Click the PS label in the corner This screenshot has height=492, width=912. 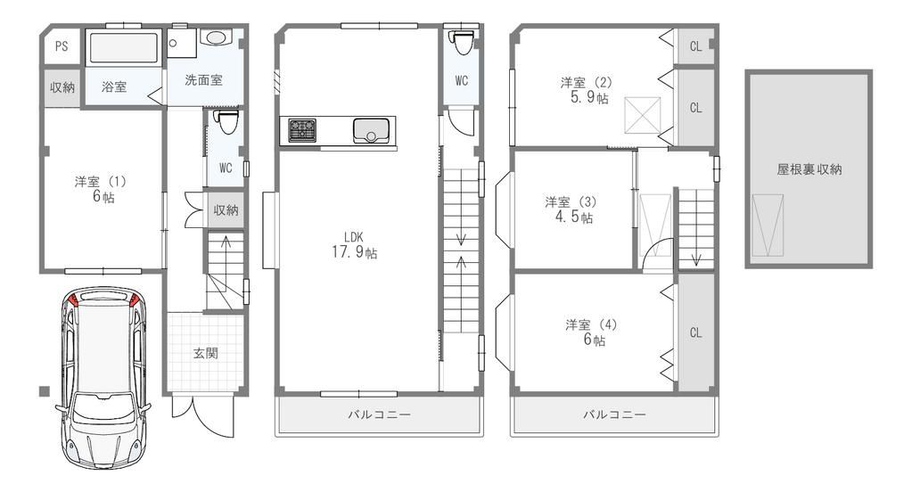click(x=61, y=47)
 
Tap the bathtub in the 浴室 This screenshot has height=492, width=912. click(x=123, y=47)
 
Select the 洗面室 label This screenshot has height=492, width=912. click(x=203, y=80)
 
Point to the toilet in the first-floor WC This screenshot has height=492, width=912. click(x=226, y=120)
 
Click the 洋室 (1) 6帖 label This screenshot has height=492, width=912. click(x=100, y=189)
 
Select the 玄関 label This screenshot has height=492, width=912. click(x=206, y=353)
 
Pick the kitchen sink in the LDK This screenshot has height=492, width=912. click(x=372, y=131)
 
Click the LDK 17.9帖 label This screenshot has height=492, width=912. click(x=355, y=245)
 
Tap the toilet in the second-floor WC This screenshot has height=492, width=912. click(x=461, y=42)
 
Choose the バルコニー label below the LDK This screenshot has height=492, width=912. click(x=381, y=414)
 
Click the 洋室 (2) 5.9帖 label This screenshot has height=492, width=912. click(x=589, y=90)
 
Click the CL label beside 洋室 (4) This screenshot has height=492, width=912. click(x=695, y=332)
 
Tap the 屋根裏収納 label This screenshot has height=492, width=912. click(x=809, y=168)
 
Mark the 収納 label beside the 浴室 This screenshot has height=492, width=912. click(x=62, y=87)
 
